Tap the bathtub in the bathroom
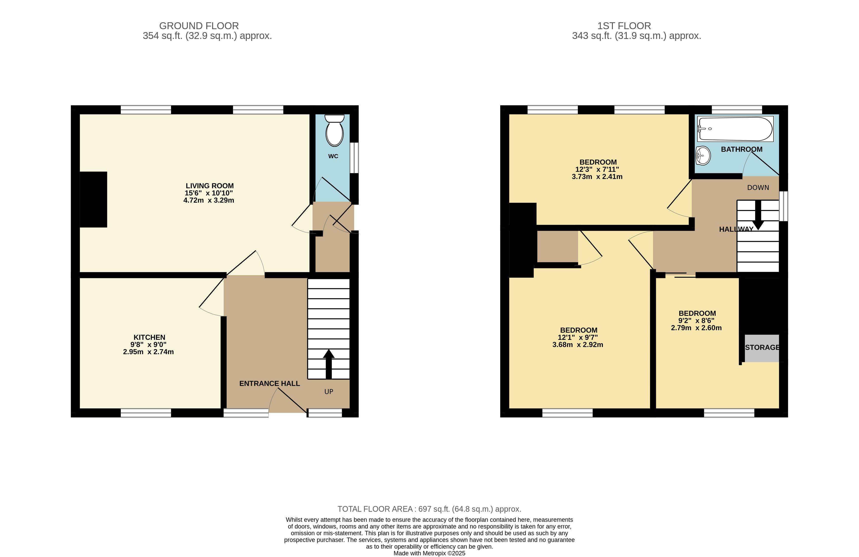[735, 129]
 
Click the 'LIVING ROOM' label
[210, 186]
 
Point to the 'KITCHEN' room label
[149, 337]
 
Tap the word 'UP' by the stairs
[329, 392]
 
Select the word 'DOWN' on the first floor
[758, 188]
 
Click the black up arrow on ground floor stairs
[328, 364]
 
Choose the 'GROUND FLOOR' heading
[199, 26]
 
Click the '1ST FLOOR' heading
[624, 26]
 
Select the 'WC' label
[333, 156]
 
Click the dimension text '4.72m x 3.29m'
[209, 200]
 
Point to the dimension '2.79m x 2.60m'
[696, 328]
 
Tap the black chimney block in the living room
[94, 200]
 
